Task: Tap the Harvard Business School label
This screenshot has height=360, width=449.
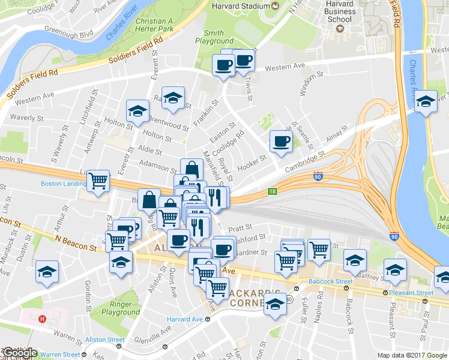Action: click(340, 11)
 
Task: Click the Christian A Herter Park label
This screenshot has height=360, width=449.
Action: click(154, 25)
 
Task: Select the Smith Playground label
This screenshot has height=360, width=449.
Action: click(214, 38)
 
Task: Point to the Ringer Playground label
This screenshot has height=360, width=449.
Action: click(121, 308)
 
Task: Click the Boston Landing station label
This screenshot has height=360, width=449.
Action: click(64, 184)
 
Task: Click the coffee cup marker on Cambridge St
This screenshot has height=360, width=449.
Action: click(281, 141)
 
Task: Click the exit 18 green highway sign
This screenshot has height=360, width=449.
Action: click(272, 191)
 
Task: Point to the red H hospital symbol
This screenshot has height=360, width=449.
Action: click(42, 319)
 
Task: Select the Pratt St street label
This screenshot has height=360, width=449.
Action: click(240, 228)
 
